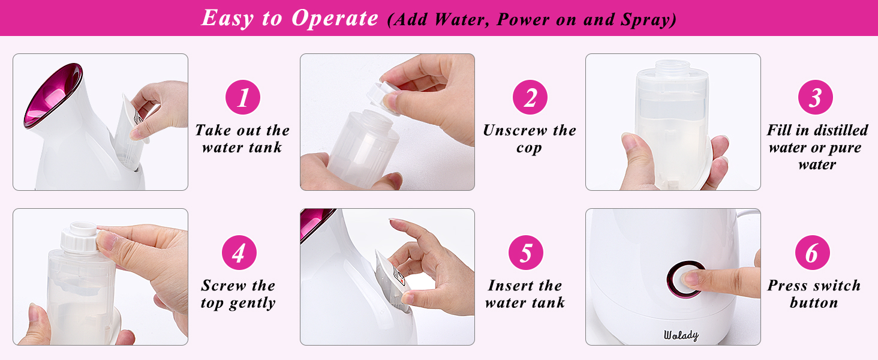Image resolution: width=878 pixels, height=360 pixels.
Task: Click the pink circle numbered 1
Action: point(242,98)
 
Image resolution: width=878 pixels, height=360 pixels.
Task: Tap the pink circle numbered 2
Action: point(530,98)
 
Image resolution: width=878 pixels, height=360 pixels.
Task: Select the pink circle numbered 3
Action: point(815,98)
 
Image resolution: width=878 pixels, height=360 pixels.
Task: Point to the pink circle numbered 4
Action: point(239,253)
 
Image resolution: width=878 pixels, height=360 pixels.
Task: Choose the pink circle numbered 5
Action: point(526,253)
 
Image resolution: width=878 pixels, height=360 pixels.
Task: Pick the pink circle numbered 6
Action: point(812,253)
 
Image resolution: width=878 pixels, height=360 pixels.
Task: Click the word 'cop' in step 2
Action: point(529,148)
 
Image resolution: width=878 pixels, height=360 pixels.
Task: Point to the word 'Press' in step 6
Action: point(789,286)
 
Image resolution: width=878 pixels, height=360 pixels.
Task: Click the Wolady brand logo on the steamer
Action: point(681,335)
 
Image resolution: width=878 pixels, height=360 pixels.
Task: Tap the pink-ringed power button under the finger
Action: point(685,279)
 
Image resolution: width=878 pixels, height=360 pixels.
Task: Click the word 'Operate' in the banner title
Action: point(335,18)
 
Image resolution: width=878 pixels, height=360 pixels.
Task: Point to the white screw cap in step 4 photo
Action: point(80,236)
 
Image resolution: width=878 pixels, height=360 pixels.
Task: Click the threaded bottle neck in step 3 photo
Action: point(672,71)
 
